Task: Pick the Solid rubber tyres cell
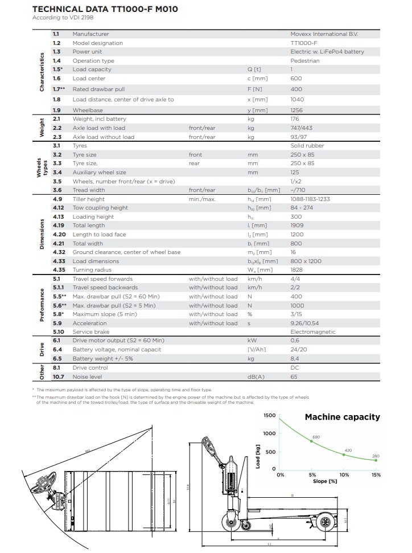[307, 146]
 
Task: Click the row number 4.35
[59, 270]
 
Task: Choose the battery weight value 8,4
[295, 359]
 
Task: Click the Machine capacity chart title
[342, 417]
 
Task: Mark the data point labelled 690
[311, 441]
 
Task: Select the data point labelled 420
[344, 454]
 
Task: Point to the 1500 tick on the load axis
[269, 416]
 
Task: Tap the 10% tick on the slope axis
[344, 474]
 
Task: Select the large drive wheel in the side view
[230, 521]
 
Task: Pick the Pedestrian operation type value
[304, 61]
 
